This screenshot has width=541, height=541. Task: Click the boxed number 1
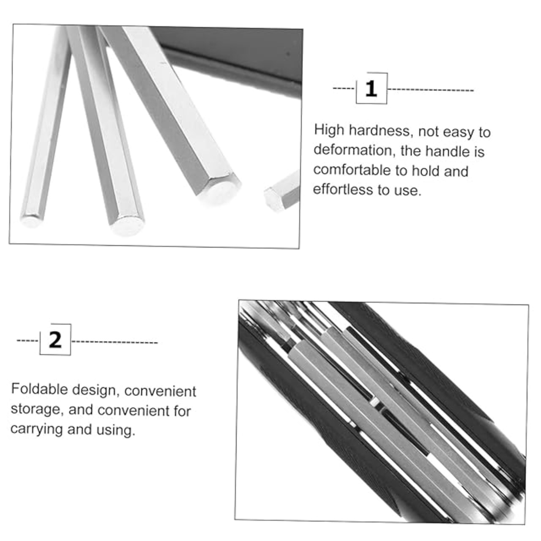(x=371, y=88)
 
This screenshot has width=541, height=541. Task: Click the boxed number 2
(x=55, y=339)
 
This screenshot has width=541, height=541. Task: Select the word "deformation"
(x=352, y=150)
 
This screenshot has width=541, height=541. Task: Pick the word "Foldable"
(x=39, y=389)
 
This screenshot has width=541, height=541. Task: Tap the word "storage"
(x=36, y=410)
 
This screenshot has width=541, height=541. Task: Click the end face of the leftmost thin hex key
(x=31, y=221)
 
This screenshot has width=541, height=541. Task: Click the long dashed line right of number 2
(x=115, y=342)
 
